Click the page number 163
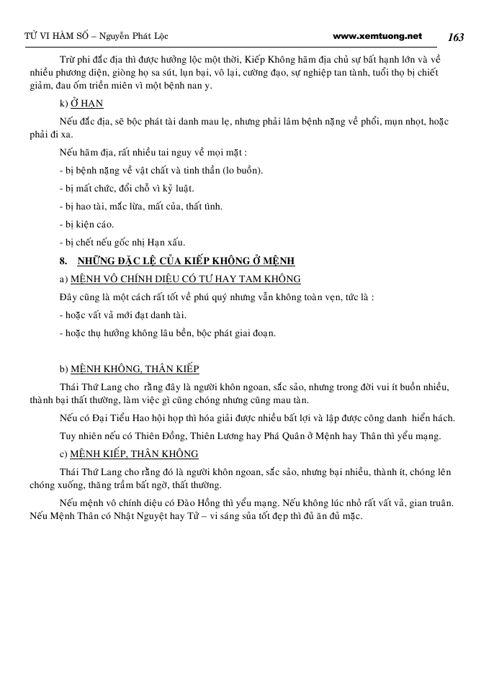[455, 37]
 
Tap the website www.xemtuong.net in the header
[378, 35]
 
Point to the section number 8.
[63, 261]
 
